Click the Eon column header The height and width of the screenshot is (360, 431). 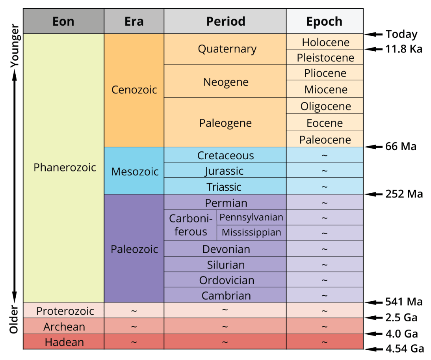coord(63,21)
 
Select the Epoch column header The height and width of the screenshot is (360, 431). coord(324,21)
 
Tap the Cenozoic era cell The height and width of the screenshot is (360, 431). coord(134,90)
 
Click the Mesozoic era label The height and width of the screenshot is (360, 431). coord(135,172)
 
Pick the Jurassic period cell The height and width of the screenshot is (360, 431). coord(225,171)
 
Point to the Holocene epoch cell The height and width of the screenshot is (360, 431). coord(325,42)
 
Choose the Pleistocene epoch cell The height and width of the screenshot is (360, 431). coord(325,58)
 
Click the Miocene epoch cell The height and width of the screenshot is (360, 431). coord(325,90)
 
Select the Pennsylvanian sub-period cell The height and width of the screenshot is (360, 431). coord(251,217)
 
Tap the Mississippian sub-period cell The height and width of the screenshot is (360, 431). coord(251,233)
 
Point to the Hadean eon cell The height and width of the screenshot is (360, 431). coord(64,342)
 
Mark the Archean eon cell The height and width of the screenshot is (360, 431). coord(64,327)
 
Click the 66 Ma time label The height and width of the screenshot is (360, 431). coord(401,147)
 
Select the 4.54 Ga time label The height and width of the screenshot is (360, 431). coord(405,349)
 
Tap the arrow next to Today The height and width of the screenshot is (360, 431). coord(373,35)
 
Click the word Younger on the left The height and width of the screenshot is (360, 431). coord(14,46)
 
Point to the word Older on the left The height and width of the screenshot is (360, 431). coord(14,320)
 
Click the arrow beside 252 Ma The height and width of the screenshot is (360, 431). coord(373,194)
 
